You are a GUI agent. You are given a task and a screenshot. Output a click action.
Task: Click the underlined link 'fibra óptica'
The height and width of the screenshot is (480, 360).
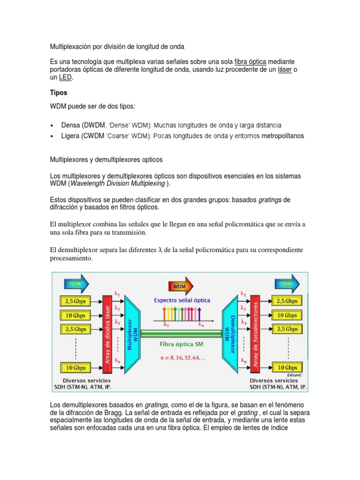tap(250, 62)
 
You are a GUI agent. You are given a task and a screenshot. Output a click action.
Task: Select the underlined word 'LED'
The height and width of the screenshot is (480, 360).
tap(65, 78)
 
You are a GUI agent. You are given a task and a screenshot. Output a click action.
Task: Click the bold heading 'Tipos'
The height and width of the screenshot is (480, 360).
tap(59, 92)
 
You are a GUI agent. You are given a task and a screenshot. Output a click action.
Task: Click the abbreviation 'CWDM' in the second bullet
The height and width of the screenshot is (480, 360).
tap(94, 136)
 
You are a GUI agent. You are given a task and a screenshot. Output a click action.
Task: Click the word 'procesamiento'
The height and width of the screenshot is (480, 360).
tap(71, 258)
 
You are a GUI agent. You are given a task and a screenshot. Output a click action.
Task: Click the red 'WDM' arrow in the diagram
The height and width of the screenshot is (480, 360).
tap(179, 285)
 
